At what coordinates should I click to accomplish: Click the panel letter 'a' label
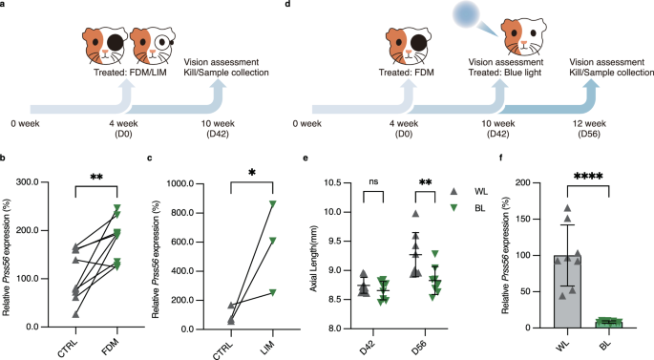tap(4, 6)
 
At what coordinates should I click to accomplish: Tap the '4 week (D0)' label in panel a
tap(122, 125)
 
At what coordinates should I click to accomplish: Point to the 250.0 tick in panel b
tap(38, 180)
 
